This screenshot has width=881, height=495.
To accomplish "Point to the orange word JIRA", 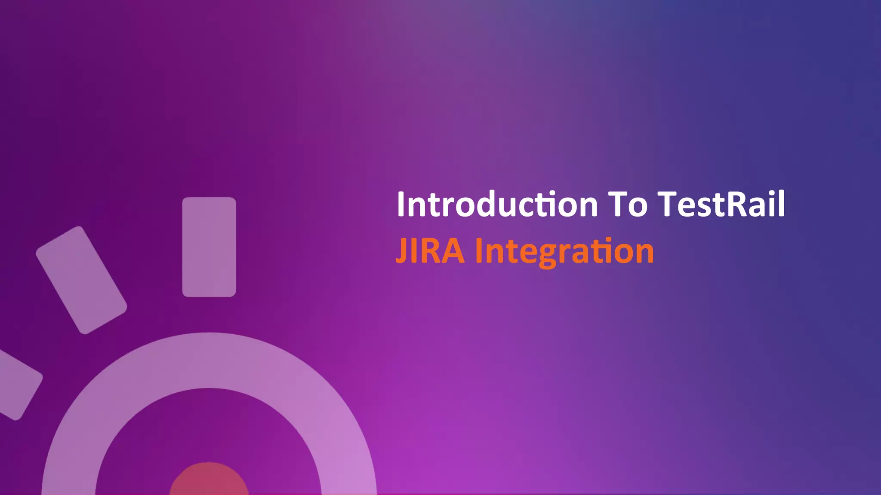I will [x=430, y=251].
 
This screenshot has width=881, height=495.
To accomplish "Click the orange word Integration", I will [x=564, y=252].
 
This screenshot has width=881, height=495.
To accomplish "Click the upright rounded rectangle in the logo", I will [x=209, y=247].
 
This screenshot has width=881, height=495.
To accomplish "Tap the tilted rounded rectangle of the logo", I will [x=81, y=280].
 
